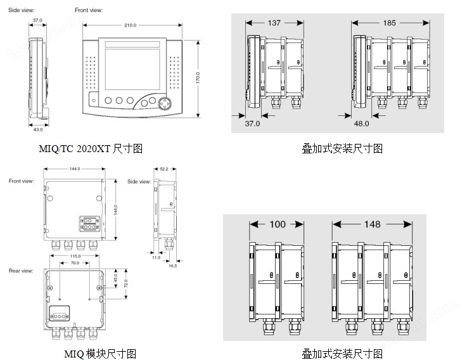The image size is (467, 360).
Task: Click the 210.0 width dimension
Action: tap(131, 25)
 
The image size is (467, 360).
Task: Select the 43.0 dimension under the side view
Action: tap(37, 129)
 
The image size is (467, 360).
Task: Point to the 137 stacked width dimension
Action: tap(274, 23)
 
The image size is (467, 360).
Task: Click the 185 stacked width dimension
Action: tap(389, 23)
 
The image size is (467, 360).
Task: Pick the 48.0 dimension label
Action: tap(362, 124)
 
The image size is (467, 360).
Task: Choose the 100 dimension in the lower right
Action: tap(277, 224)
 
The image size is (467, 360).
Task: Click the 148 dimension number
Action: tap(373, 224)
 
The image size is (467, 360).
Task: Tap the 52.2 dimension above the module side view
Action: tap(164, 169)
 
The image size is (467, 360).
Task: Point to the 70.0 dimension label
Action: tap(75, 262)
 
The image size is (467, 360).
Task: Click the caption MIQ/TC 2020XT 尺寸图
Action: tap(90, 148)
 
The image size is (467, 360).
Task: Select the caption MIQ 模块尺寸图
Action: tap(100, 354)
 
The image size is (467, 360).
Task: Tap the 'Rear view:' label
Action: tap(21, 271)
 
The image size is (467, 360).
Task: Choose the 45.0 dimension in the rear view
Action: tap(115, 277)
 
